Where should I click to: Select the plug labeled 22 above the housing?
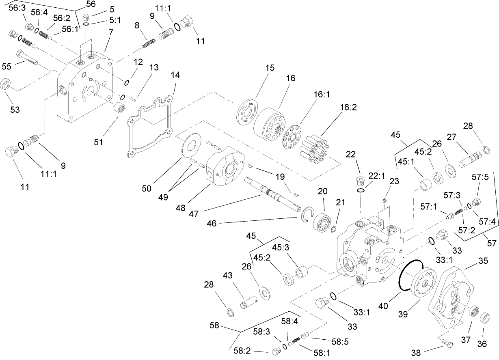click(359, 180)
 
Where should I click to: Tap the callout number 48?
click(180, 208)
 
